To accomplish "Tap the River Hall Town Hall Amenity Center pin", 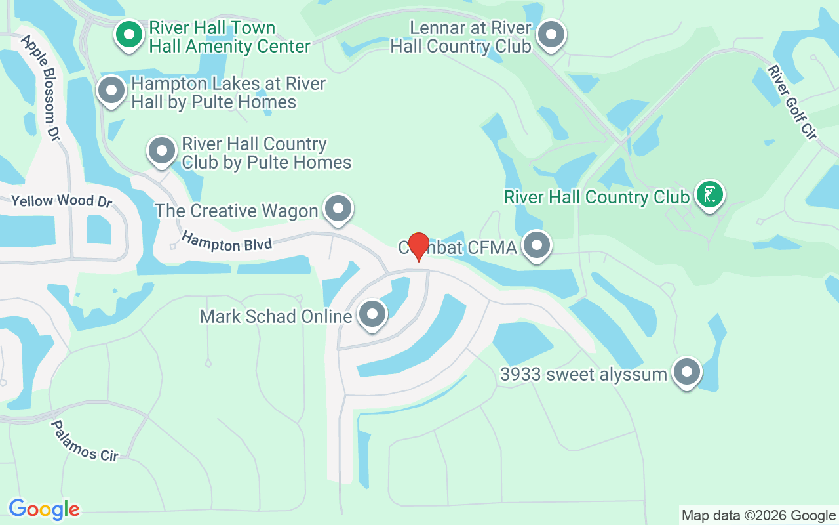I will (130, 34).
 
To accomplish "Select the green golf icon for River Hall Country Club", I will (709, 194).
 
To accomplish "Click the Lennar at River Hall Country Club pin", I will (551, 34).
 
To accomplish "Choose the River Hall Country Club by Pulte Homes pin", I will (162, 151).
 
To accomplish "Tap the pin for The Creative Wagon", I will (338, 209).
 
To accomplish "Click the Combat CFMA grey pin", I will (537, 245).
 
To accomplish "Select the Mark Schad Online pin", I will (373, 314).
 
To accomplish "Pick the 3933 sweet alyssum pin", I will (686, 372).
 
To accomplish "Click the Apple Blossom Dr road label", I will (41, 87).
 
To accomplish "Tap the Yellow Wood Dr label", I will (62, 201).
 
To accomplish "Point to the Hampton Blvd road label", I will (227, 241).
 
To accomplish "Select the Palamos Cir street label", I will (85, 441).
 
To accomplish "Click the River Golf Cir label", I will (793, 102).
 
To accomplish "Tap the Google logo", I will (44, 509).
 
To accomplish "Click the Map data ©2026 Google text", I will (758, 516).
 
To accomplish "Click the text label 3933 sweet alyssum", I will (583, 375).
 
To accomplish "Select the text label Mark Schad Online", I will (276, 316).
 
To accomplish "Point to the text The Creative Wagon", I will (237, 211).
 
